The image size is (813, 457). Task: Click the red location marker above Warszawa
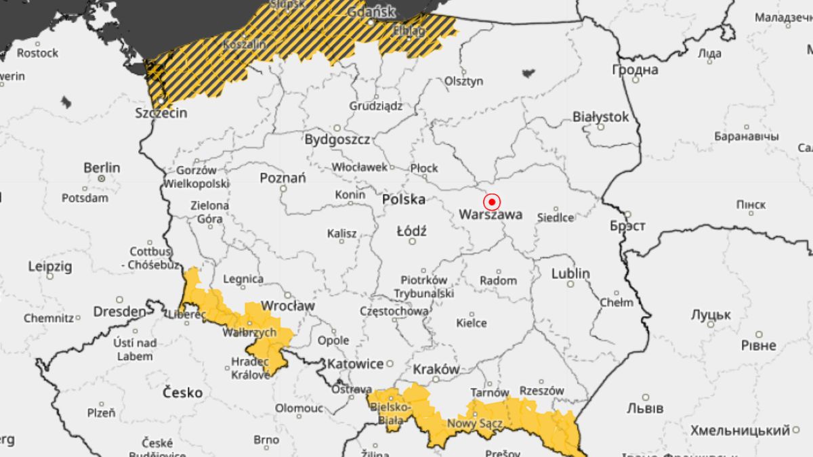pos(492,202)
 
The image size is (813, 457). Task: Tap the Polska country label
pos(404,200)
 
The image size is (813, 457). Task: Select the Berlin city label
pos(102,167)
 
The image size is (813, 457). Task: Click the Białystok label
pos(600,116)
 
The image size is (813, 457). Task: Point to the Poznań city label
pos(283,178)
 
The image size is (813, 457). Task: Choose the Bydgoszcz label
pos(337,139)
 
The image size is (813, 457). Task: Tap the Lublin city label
pos(570,274)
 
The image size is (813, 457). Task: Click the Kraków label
pos(436,370)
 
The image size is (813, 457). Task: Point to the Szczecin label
pos(161,113)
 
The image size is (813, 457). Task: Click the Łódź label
pos(411,231)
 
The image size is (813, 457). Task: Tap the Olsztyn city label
pos(464,81)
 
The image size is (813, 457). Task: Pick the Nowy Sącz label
pos(474,424)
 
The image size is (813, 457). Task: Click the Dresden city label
pos(120,312)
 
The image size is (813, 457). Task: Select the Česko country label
pos(183,393)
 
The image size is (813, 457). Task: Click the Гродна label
pos(635,70)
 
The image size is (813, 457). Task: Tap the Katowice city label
pos(355,364)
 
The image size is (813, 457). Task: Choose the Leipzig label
pos(49,267)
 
